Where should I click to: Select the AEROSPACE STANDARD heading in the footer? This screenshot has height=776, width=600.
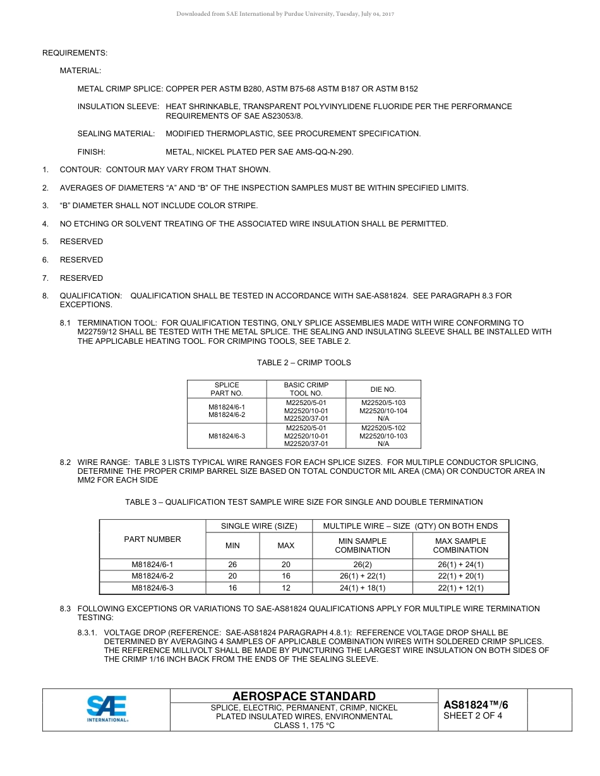click(304, 696)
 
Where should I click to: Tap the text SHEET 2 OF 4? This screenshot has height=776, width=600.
click(472, 715)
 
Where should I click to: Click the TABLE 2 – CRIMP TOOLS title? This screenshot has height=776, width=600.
click(304, 363)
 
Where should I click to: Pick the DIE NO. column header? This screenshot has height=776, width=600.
click(383, 389)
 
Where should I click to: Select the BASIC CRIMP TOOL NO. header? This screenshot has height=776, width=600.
click(306, 389)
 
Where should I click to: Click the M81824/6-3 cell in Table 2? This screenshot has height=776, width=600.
click(227, 436)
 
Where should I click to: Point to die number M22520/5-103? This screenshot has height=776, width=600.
click(383, 403)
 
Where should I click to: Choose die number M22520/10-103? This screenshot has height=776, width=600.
click(383, 436)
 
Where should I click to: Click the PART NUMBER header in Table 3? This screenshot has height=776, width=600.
click(152, 539)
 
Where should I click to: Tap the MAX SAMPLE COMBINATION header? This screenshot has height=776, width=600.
click(460, 545)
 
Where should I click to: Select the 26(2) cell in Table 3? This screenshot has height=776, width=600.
click(363, 565)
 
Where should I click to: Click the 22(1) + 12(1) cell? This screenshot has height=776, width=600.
click(460, 588)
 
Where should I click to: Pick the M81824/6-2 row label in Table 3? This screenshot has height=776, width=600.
click(152, 576)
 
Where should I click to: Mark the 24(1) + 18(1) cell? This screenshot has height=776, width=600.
click(363, 588)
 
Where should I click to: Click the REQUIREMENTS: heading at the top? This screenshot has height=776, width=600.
click(75, 52)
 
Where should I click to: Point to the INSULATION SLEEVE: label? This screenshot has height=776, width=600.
click(117, 107)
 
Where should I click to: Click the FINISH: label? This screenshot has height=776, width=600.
click(91, 151)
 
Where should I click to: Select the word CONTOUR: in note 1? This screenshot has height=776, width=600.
click(80, 170)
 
